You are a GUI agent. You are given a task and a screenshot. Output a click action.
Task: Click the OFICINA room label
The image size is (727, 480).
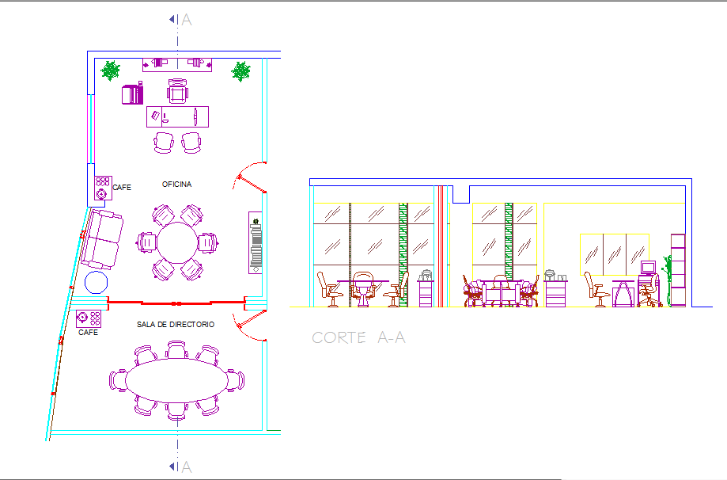(x=176, y=185)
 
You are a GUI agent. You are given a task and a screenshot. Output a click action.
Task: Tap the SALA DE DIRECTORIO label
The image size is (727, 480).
(x=176, y=325)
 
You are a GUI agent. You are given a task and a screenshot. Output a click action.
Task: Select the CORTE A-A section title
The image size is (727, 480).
(x=358, y=337)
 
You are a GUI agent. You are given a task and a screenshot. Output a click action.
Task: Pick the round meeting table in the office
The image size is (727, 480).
(x=177, y=242)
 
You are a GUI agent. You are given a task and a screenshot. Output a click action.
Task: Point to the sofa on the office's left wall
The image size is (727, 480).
(x=100, y=238)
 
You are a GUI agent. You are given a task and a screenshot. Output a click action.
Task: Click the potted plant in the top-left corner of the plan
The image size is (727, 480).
(x=111, y=71)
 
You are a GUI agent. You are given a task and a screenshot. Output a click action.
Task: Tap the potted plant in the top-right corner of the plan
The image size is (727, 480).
(x=240, y=72)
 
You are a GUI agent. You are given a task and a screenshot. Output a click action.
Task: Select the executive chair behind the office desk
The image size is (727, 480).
(x=178, y=92)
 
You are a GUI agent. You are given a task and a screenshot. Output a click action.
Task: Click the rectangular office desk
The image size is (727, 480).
(x=178, y=116)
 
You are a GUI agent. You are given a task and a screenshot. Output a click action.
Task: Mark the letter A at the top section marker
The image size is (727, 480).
(x=187, y=20)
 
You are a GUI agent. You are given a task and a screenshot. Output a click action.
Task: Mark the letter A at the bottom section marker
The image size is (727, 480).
(x=187, y=467)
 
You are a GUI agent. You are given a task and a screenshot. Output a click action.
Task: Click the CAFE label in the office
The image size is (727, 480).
(x=122, y=188)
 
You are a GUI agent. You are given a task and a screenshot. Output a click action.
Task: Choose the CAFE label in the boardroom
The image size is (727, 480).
(x=89, y=333)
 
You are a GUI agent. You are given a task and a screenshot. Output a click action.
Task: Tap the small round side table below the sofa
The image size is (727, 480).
(x=96, y=283)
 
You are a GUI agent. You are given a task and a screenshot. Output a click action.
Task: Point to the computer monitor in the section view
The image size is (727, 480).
(x=649, y=268)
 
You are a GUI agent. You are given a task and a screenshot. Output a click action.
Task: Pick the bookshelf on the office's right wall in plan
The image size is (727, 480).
(x=256, y=242)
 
